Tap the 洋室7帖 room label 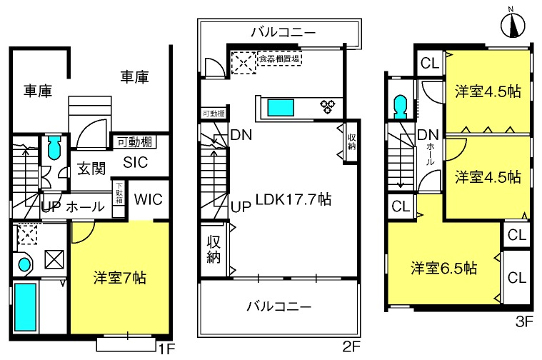(119, 278)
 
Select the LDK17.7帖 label (293, 199)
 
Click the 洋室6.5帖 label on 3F (444, 268)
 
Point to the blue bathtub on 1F (25, 307)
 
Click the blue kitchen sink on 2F (281, 108)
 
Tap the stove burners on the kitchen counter (328, 106)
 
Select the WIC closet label (149, 199)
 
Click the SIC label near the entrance (135, 162)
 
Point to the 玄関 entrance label (91, 169)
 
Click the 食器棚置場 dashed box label (279, 59)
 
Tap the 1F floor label (166, 349)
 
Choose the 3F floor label (524, 322)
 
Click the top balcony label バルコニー (283, 33)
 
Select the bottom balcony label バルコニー (279, 306)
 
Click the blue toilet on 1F (54, 148)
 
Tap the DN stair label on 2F (241, 135)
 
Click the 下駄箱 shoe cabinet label (119, 193)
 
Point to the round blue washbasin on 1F (24, 265)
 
